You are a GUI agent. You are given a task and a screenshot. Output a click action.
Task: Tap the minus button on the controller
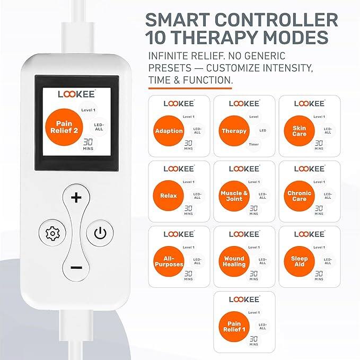tap(76, 267)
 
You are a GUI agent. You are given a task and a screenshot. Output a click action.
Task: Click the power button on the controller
tap(100, 232)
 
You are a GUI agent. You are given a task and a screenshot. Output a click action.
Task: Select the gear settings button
tap(52, 232)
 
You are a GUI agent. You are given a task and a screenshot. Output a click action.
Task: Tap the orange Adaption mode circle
tap(169, 131)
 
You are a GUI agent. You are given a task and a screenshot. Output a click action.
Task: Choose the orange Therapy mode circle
tap(234, 131)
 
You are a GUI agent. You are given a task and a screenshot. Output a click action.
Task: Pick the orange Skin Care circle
tap(299, 131)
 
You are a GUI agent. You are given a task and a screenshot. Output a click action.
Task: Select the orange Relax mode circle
tap(169, 196)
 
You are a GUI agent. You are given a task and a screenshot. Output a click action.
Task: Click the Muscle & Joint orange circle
tap(234, 196)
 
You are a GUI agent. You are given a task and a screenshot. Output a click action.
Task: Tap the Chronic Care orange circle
tap(299, 196)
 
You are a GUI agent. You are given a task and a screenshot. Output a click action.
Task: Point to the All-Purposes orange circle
tap(169, 261)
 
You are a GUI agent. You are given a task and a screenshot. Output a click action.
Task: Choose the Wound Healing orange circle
tap(234, 261)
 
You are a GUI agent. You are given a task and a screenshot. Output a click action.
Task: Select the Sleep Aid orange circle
tap(299, 261)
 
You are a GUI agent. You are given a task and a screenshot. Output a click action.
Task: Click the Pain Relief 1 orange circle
tap(234, 327)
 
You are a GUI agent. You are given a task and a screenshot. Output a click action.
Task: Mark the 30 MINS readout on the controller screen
tap(89, 144)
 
